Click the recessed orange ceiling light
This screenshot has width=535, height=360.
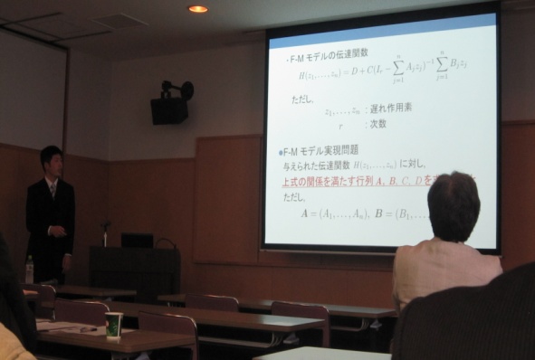tap(197, 9)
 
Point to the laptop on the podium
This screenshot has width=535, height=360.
tap(138, 240)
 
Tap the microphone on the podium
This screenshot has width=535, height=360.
tap(105, 228)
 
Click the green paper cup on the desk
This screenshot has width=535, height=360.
tap(114, 325)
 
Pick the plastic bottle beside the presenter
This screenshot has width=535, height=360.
tap(29, 269)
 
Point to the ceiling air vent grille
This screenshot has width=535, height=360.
tap(119, 20)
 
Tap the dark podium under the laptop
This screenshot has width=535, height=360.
tap(136, 271)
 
